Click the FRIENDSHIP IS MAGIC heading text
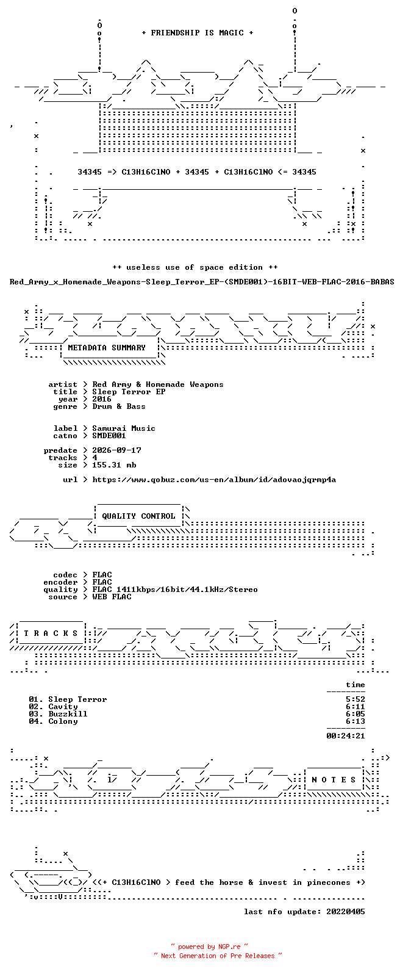click(197, 32)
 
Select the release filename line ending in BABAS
click(202, 282)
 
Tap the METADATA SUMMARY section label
click(107, 347)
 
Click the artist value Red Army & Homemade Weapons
click(158, 384)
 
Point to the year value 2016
click(102, 399)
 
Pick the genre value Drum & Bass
click(118, 406)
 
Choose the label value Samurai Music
click(124, 428)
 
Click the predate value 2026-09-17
click(116, 450)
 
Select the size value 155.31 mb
click(114, 465)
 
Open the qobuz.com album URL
click(214, 480)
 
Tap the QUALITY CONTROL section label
click(138, 516)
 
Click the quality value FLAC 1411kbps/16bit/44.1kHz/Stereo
click(175, 590)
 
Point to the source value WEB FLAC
click(112, 597)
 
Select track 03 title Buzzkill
click(68, 714)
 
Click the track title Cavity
click(63, 707)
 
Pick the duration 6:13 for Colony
click(355, 721)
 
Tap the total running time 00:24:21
click(346, 736)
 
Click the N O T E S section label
click(334, 780)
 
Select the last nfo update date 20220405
click(346, 912)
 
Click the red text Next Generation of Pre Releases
click(218, 956)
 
